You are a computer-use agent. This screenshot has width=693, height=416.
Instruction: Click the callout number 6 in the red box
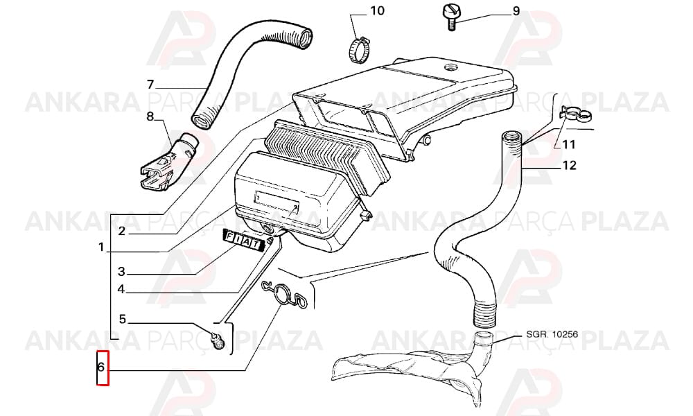coord(100,367)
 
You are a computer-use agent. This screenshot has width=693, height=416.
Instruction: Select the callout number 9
coord(516,11)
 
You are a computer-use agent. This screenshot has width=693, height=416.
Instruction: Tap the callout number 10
coord(377,10)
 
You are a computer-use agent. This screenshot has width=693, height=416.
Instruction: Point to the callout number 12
coord(570,165)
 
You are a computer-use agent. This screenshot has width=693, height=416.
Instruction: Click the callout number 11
coord(568,145)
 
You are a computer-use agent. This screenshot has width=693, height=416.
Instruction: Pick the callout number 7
coord(150,84)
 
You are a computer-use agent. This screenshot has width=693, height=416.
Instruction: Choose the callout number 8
coord(150,116)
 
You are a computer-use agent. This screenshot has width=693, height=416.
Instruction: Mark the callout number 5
coord(123,319)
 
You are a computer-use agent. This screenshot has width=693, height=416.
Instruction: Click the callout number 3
coord(121,271)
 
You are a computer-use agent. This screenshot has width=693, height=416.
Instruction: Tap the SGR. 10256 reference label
coord(552,334)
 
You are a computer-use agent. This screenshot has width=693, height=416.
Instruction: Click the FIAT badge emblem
coord(243,242)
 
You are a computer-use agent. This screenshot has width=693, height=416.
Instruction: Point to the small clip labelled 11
coord(575,114)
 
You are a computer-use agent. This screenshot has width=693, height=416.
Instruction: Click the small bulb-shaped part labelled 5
coord(218,340)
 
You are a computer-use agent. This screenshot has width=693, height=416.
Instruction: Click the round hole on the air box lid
coord(451,68)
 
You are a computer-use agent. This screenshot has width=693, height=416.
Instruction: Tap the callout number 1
coord(101,247)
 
